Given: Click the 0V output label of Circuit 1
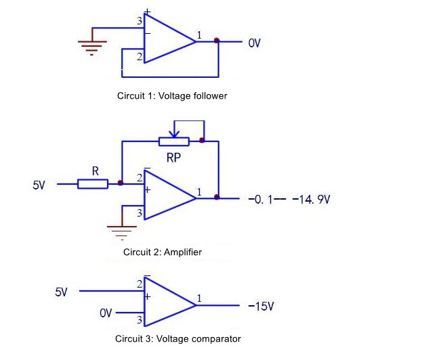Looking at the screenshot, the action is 254,43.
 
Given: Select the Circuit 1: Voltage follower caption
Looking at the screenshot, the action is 172,95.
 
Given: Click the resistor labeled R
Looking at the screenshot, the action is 93,184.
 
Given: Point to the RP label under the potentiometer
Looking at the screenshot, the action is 173,158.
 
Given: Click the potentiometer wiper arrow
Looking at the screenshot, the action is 174,133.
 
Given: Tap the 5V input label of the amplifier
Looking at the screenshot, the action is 39,185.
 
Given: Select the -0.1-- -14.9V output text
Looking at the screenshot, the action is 289,200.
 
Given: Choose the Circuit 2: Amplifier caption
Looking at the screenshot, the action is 163,252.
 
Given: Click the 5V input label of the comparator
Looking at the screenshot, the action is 61,292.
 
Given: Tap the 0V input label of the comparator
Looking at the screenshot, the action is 106,313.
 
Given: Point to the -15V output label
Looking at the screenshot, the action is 261,307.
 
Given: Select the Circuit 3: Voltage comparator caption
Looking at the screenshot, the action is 178,338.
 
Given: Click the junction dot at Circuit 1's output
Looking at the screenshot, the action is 217,41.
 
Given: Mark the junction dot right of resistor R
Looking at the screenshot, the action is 121,183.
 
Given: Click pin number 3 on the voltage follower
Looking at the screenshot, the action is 140,21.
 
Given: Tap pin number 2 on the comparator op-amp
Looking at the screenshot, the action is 140,284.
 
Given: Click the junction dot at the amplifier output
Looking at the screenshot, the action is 217,197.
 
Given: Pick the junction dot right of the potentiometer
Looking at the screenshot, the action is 202,140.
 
